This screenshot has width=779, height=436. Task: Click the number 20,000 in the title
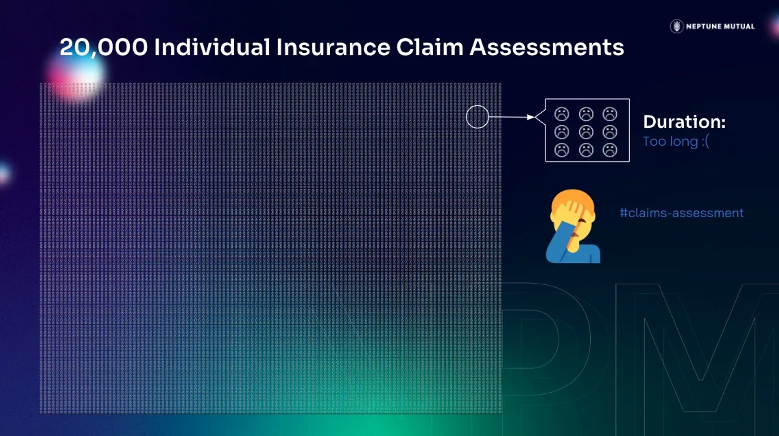103,48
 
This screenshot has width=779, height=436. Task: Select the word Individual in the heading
212,47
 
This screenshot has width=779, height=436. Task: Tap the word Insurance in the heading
333,47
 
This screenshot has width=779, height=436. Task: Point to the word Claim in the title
430,47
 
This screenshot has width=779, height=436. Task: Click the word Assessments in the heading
547,47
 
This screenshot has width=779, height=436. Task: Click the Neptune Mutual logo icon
677,26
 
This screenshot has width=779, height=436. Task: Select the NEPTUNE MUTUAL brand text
720,26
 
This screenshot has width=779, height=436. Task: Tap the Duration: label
684,122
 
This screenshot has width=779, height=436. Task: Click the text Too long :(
676,142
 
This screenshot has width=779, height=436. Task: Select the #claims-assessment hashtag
682,213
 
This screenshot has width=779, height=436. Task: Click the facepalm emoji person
573,226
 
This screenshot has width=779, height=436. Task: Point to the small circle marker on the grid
477,106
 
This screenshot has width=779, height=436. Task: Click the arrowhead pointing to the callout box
530,117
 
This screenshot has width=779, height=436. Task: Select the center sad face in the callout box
586,132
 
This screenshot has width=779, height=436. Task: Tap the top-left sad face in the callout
561,114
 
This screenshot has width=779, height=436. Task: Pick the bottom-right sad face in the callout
610,150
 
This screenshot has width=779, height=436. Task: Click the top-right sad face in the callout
610,114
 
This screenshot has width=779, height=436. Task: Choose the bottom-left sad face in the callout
561,150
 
